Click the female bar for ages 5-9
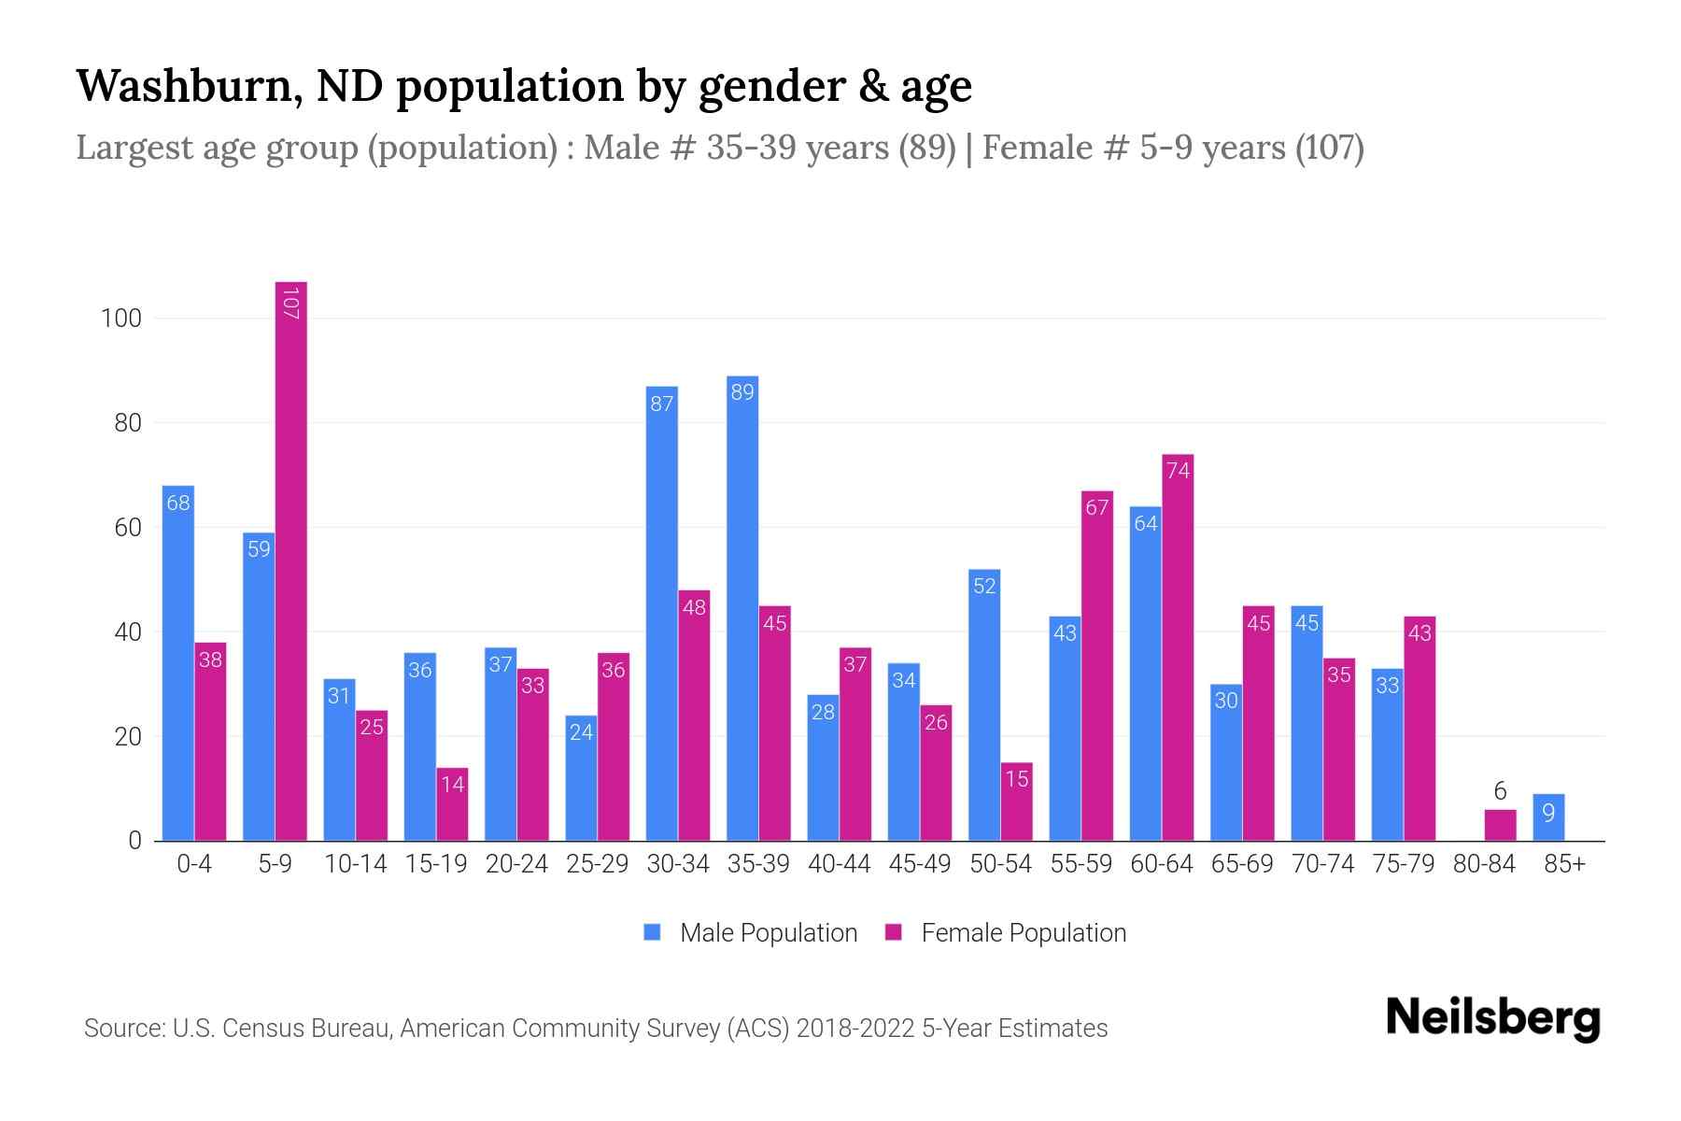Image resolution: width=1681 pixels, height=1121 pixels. coord(291,560)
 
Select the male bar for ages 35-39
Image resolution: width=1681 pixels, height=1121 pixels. coord(742,607)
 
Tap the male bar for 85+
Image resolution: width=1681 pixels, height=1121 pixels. coord(1548,817)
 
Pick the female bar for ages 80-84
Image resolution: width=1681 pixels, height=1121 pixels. coord(1501,825)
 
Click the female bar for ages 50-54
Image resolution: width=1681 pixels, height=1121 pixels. coord(1017,802)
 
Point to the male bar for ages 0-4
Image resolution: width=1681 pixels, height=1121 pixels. coord(178,663)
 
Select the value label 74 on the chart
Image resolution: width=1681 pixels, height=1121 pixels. coord(1179,471)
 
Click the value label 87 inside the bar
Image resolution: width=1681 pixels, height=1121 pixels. coord(662,404)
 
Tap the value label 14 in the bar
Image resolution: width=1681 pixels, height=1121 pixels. coord(453,784)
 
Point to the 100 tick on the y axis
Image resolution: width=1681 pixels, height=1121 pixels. coord(121,319)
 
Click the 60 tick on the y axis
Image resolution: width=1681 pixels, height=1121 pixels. coord(127,528)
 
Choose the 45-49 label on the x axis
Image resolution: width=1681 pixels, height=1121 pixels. coord(920,864)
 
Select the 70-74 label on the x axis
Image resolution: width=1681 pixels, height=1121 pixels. coord(1322,864)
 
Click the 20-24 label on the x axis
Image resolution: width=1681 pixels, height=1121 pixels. coord(516,864)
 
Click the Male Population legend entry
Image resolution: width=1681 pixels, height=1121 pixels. coord(752,932)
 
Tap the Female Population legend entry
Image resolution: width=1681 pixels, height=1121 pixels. coord(1007,932)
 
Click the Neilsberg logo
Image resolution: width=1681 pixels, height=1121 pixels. coord(1492,1018)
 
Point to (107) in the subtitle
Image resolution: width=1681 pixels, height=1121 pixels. coord(1330,148)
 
